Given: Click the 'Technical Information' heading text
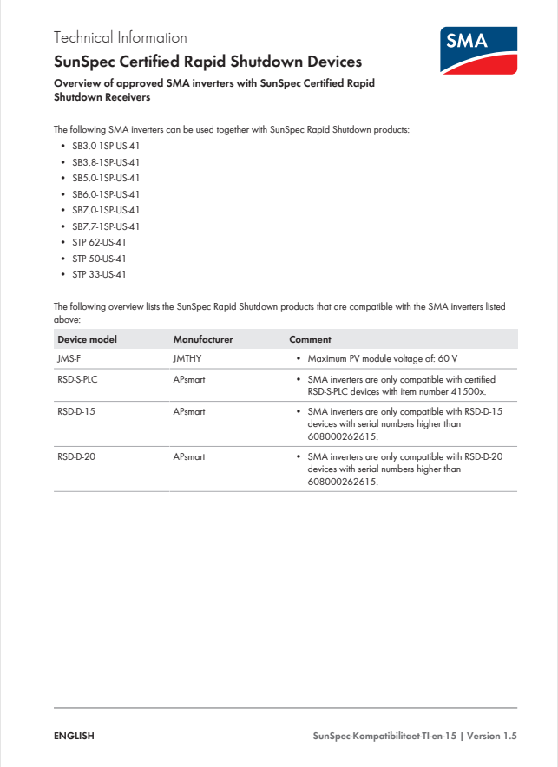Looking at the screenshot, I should pos(120,37).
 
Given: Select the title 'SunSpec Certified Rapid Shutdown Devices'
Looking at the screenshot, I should pos(207,62).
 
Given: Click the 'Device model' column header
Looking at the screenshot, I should pos(87,339).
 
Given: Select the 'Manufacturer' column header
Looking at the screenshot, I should pos(203,339).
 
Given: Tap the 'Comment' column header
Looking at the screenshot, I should pos(310,339).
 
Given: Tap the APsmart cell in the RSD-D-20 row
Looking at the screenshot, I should pos(189,456).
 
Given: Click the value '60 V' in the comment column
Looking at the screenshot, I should pos(448,358).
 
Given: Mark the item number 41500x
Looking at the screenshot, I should pos(468,390).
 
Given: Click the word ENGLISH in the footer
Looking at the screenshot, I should pos(74,736).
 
